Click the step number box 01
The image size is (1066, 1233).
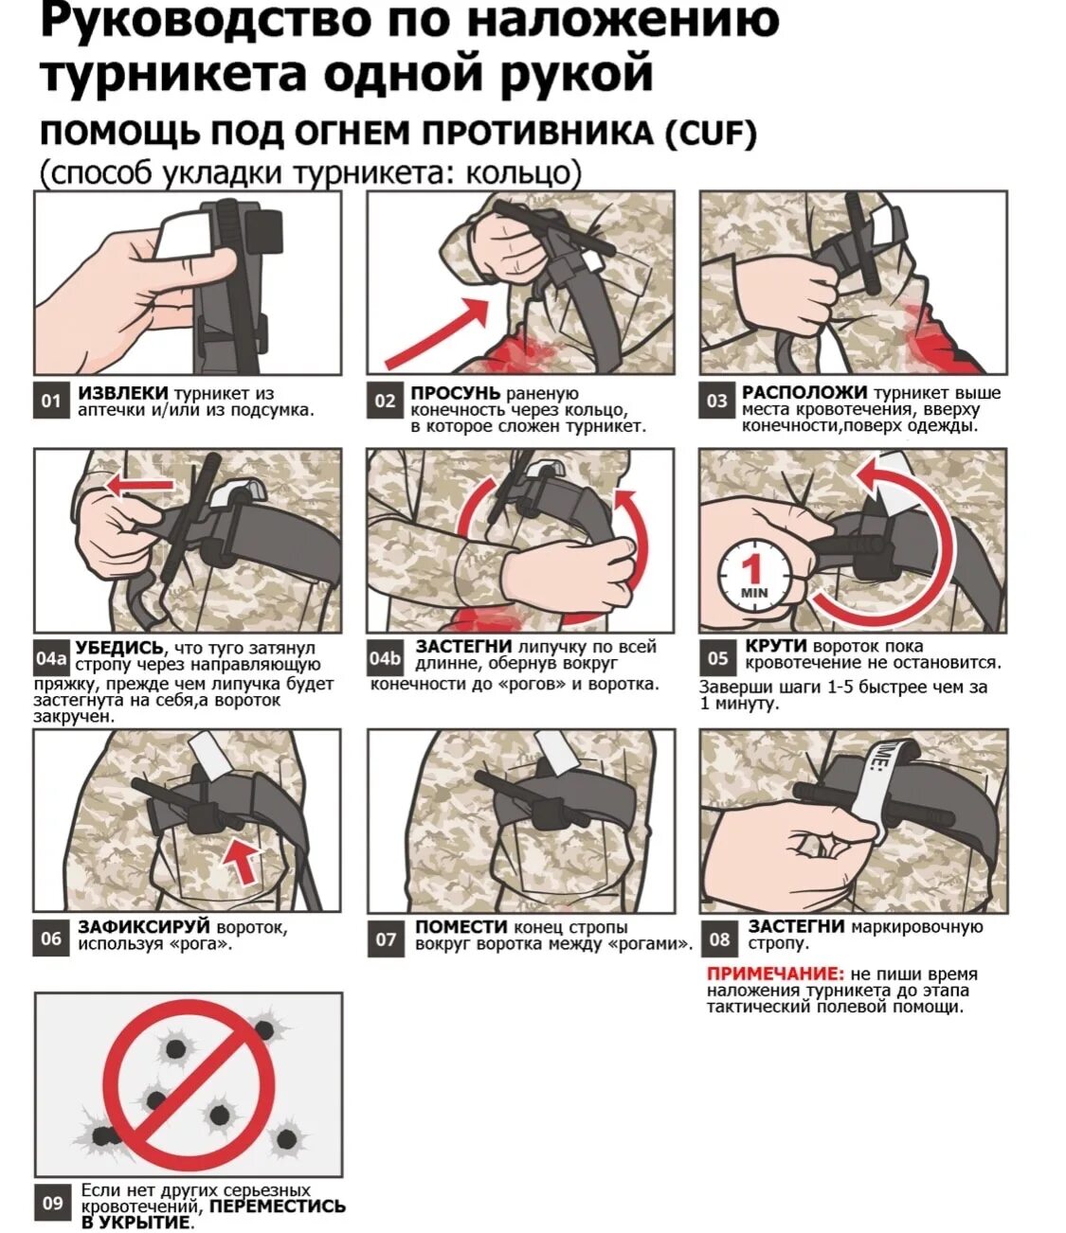(x=51, y=401)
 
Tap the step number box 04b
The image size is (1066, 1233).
(x=385, y=658)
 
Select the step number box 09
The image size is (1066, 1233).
(x=52, y=1204)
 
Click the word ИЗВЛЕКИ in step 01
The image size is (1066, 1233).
(x=123, y=393)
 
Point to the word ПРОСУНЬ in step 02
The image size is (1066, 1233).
(x=456, y=393)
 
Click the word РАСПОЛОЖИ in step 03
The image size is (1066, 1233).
(x=804, y=392)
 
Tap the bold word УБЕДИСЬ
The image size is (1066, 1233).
(x=119, y=648)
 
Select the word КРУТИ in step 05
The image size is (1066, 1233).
(x=776, y=646)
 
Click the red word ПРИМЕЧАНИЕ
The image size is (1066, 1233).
(x=775, y=974)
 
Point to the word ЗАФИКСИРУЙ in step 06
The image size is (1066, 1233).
(x=144, y=926)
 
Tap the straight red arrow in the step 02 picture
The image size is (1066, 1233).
(x=437, y=333)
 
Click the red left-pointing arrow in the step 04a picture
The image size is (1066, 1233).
(x=139, y=486)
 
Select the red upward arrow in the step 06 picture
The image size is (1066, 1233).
(x=243, y=860)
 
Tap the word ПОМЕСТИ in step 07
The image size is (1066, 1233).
(x=461, y=926)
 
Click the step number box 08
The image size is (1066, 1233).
(x=719, y=938)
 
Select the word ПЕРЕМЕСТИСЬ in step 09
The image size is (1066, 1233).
(x=278, y=1206)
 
